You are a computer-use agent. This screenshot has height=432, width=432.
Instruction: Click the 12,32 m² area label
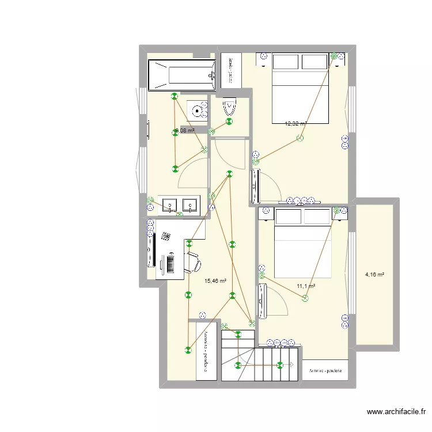coord(295,123)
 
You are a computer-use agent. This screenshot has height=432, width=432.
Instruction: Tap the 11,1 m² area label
coord(306,286)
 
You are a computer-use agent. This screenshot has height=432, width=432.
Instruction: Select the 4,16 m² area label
coord(375,275)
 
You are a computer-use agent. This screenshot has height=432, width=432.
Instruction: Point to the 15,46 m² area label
coord(215,281)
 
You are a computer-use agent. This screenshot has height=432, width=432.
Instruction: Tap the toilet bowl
coord(230,108)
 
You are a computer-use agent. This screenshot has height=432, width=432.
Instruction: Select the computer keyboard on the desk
coord(170,262)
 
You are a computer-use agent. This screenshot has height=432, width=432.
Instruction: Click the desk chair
coord(192,262)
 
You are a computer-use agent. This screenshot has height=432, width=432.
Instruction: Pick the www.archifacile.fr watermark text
coord(397,412)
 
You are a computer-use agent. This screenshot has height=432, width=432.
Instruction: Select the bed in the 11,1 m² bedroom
coord(304,242)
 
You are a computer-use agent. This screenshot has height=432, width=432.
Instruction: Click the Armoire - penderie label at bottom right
coord(325,371)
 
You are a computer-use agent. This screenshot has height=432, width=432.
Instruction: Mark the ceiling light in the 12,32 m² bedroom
coord(300,138)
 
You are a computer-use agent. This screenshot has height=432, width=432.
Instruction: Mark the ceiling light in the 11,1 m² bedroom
coord(305,298)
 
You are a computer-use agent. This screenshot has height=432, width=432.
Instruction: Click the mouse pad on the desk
coord(166,236)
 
